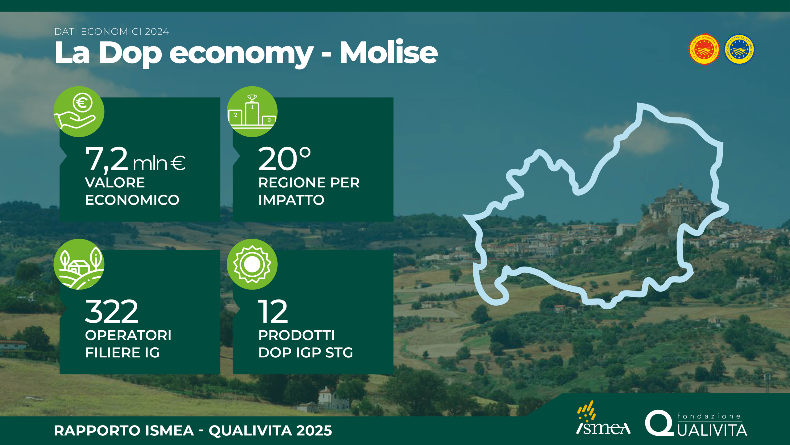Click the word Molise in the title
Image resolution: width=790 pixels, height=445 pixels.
click(x=389, y=53)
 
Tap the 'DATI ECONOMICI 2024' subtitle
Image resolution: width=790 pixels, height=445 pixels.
click(x=112, y=32)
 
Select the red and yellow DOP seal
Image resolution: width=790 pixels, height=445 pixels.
click(x=704, y=49)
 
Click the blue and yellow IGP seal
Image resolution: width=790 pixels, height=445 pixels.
click(x=739, y=49)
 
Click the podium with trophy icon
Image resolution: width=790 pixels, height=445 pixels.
click(x=252, y=112)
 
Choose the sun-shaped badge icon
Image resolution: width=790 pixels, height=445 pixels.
click(x=252, y=264)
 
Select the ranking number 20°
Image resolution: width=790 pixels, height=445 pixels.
click(x=285, y=159)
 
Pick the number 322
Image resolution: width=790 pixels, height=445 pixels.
click(x=112, y=311)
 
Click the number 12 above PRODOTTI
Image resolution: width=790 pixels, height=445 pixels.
click(x=273, y=311)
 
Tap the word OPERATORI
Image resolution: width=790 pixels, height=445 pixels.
click(x=128, y=335)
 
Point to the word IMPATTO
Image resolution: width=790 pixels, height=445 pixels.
click(x=291, y=200)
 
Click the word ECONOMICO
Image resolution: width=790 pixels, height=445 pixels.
click(x=132, y=200)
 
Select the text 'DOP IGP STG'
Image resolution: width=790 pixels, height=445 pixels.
click(x=306, y=353)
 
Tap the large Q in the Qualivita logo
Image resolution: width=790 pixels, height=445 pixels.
click(x=659, y=423)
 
